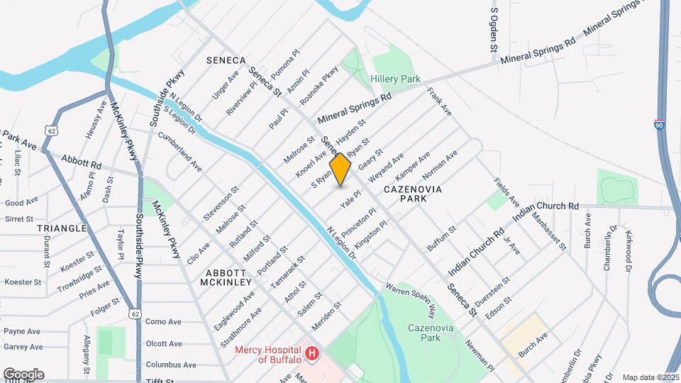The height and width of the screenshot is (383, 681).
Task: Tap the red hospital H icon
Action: click(x=311, y=353)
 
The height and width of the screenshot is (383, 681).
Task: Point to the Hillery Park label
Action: click(x=395, y=79)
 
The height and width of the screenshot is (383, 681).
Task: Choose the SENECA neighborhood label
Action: click(x=226, y=60)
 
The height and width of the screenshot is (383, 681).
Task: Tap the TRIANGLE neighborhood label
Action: click(x=63, y=228)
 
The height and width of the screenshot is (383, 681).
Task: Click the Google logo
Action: click(x=23, y=374)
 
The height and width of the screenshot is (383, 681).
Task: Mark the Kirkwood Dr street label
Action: click(x=629, y=250)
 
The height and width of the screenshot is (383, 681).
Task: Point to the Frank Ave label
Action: click(x=439, y=101)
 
